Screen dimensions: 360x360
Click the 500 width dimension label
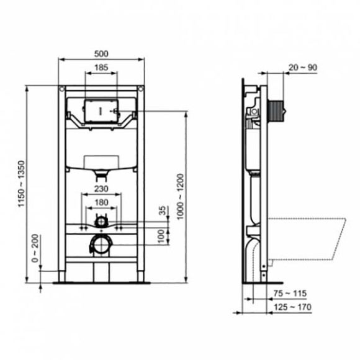pyautogui.click(x=101, y=53)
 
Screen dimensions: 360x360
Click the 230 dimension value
pyautogui.click(x=101, y=189)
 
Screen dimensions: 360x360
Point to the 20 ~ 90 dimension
pyautogui.click(x=302, y=66)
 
